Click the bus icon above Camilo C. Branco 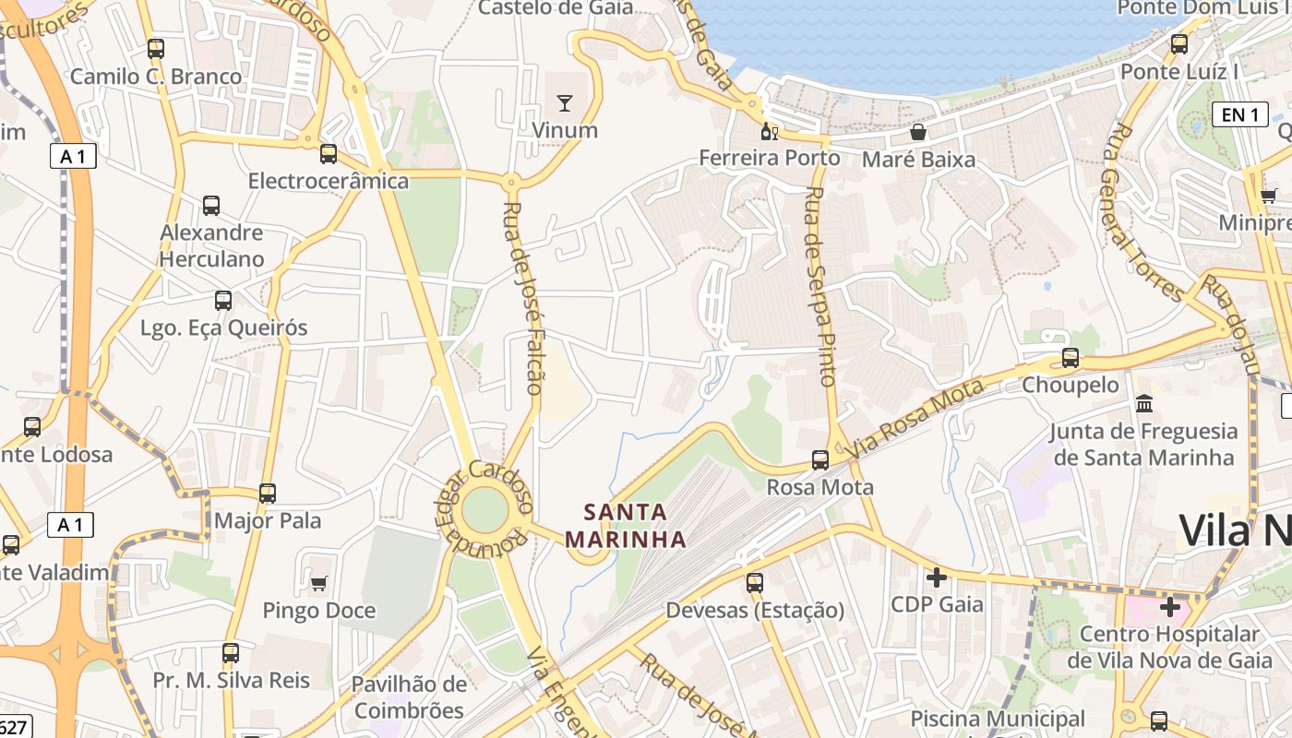pos(156,49)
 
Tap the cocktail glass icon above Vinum pos(565,102)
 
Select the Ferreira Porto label pos(770,158)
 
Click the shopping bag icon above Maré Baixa pos(918,132)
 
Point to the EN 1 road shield pos(1239,114)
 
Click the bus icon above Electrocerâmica pos(329,154)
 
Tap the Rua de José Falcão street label pos(523,297)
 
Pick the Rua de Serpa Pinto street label pos(820,286)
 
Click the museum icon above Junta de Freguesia pos(1145,403)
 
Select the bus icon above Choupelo pos(1071,358)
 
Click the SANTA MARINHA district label pos(626,525)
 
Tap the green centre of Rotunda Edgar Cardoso pos(485,509)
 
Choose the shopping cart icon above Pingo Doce pos(319,583)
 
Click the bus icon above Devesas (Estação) pos(755,583)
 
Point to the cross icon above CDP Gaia pos(937,577)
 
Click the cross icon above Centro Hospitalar pos(1170,607)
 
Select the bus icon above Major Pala pos(268,494)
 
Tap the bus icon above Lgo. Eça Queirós pos(223,301)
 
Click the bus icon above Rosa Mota pos(820,460)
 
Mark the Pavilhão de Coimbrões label pos(410,697)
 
